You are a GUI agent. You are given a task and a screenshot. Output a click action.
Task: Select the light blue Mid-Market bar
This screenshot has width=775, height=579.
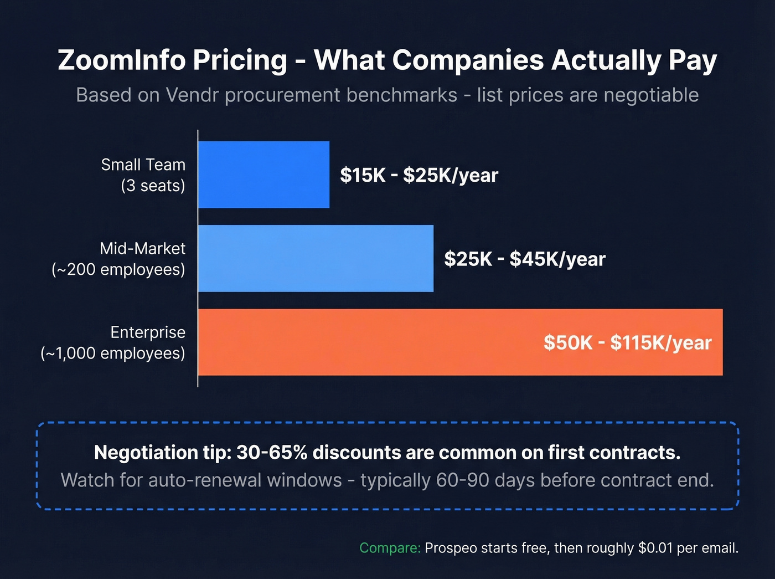[316, 258]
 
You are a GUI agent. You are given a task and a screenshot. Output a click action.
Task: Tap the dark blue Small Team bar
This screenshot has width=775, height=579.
[263, 175]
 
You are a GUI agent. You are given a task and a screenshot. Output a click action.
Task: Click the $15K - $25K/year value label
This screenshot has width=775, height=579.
[419, 175]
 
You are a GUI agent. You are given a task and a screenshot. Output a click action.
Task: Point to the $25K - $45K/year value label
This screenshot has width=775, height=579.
[525, 259]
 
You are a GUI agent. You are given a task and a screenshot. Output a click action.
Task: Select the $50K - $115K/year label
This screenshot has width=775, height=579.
[627, 342]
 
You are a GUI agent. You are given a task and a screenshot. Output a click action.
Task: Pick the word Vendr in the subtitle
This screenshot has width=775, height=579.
[193, 95]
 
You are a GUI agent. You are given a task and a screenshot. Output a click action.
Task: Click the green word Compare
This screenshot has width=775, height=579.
[390, 548]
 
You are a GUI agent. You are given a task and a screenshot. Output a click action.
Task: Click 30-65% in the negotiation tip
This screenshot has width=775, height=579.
[271, 453]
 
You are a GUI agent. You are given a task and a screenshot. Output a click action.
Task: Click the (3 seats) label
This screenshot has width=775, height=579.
[153, 186]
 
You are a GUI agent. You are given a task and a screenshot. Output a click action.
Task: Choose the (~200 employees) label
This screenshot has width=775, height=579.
[118, 270]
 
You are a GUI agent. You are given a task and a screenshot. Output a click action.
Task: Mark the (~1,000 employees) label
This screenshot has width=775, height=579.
[113, 353]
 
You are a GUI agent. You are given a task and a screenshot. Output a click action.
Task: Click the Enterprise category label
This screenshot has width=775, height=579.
[148, 332]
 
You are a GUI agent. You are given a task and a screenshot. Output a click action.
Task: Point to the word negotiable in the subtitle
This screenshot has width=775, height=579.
[651, 95]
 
